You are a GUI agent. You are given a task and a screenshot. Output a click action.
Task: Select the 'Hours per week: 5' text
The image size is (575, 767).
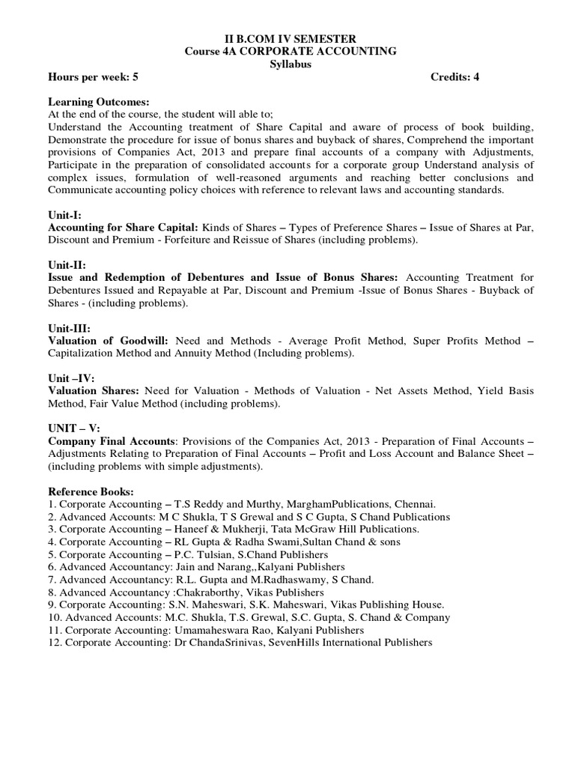coord(93,76)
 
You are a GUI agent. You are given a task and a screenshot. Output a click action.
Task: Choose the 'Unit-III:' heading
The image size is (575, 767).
coord(70,328)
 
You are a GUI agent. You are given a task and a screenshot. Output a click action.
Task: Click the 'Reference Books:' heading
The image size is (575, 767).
coord(91,492)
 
